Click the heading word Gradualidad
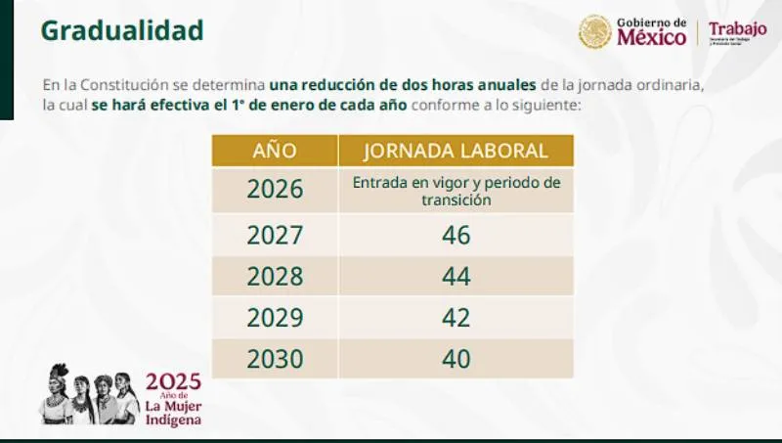point(122,30)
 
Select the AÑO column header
point(275,151)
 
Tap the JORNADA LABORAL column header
point(456,151)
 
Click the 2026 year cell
point(275,190)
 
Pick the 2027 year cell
point(275,236)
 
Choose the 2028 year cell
point(275,277)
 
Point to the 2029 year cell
point(275,318)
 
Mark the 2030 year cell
point(275,359)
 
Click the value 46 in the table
point(456,236)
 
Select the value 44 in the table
point(456,277)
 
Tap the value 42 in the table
point(456,318)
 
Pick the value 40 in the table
point(456,359)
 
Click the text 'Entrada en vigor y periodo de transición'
point(456,190)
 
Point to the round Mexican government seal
point(594,31)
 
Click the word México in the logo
point(651,38)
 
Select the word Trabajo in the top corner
point(737,28)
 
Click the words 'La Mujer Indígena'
point(173,412)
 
